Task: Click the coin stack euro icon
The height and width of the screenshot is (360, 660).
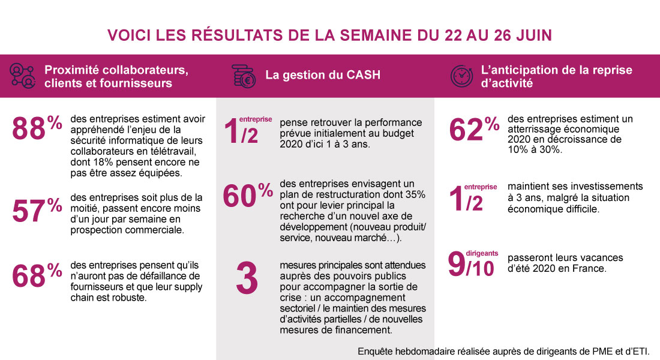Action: (244, 76)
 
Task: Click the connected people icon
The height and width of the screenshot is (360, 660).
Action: (22, 76)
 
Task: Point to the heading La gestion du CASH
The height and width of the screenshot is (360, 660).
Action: (323, 76)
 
